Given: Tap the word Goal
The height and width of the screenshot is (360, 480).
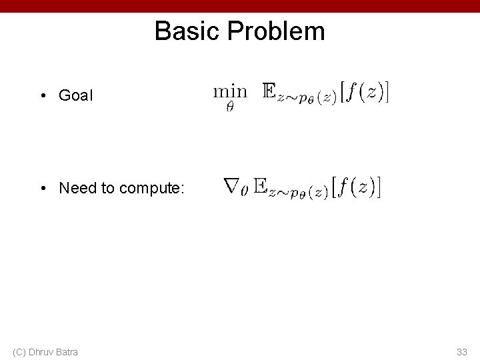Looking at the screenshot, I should tap(77, 95).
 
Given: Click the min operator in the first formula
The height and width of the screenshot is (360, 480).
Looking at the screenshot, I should tap(230, 90).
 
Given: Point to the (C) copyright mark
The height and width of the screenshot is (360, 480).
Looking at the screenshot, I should tap(19, 351).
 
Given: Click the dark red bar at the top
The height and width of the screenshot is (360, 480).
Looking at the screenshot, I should tap(240, 5).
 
